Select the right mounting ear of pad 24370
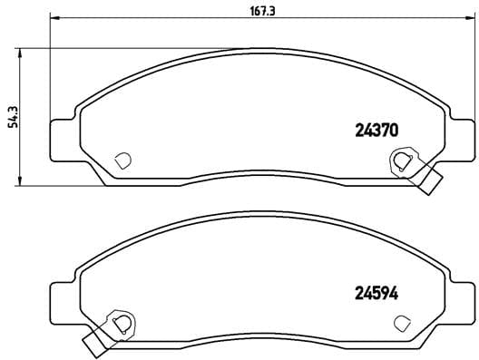[x=459, y=136]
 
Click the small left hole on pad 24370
[x=123, y=161]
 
